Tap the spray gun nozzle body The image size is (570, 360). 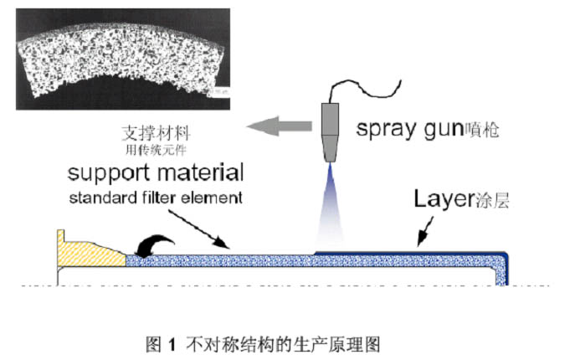[329, 125]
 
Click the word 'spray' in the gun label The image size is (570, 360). [382, 130]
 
